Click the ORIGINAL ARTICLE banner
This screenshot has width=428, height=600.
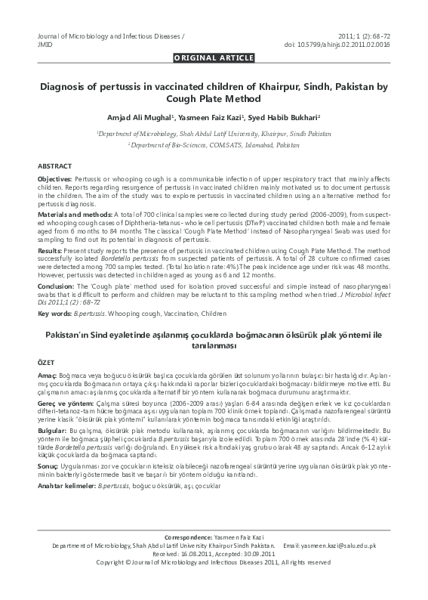point(214,57)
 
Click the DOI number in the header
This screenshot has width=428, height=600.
point(359,45)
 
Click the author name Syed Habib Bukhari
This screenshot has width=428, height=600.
point(278,118)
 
